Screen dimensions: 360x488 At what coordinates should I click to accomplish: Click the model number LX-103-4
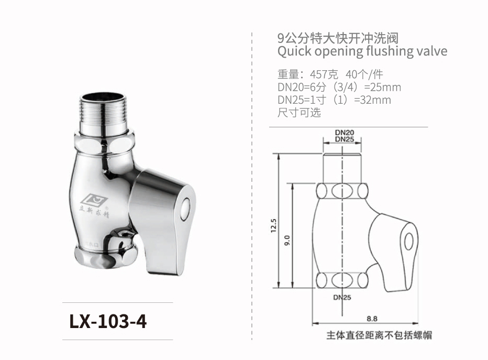tap(108, 321)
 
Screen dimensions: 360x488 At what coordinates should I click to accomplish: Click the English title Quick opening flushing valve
tap(362, 51)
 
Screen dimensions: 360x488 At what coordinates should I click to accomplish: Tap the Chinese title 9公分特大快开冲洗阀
tap(338, 38)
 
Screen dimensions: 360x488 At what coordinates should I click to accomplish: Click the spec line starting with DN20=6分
tap(339, 87)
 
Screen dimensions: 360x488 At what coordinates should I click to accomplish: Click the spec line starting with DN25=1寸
tap(334, 100)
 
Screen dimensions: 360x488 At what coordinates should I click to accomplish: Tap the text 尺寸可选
tap(298, 112)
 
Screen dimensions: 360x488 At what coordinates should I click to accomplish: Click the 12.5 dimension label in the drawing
tap(273, 225)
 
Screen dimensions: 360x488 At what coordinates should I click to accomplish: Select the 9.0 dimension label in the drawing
tap(287, 241)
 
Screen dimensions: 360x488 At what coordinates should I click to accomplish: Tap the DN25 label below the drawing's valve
tap(341, 297)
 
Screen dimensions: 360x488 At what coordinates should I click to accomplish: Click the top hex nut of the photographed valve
tap(105, 141)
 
